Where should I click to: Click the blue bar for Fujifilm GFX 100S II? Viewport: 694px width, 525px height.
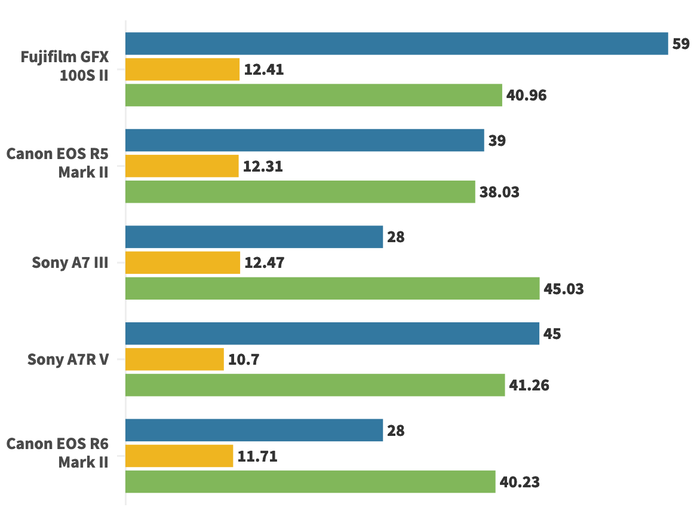point(397,44)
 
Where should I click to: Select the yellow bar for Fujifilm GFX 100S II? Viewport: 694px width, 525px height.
point(182,69)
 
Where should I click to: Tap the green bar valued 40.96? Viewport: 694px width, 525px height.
point(314,95)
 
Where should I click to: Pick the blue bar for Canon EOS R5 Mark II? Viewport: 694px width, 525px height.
point(305,141)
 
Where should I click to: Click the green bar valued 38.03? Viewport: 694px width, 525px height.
point(300,192)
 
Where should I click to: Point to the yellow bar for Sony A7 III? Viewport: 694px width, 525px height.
point(183,262)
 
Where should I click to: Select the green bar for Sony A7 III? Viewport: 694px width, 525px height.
point(332,289)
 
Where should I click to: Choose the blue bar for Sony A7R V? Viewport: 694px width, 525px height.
point(332,334)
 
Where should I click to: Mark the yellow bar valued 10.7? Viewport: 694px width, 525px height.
point(174,359)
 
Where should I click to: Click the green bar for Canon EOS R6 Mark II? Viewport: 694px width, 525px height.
point(310,482)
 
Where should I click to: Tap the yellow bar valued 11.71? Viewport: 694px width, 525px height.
point(179,456)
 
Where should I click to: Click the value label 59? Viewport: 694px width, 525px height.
point(681,44)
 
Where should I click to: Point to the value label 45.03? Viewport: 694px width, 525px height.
point(564,289)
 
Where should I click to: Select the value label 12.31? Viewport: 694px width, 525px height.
point(263,167)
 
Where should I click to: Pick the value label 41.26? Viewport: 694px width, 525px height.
point(529,386)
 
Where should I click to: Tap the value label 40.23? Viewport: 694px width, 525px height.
point(520,483)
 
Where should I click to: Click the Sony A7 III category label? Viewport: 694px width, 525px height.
point(70,262)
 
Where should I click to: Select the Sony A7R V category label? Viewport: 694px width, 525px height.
point(68,359)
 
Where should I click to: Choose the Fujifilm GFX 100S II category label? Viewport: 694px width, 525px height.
point(65,66)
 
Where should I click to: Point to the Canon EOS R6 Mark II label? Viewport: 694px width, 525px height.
point(58,453)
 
